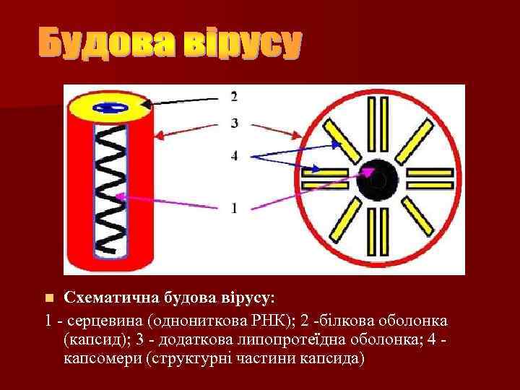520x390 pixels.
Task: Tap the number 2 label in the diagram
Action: click(233, 96)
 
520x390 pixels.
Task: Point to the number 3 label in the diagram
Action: click(233, 123)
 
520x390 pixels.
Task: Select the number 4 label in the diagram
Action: click(233, 155)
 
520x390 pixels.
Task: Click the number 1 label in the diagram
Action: click(233, 208)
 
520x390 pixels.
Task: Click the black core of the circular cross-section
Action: click(378, 179)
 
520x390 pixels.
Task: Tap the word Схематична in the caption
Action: click(105, 298)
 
